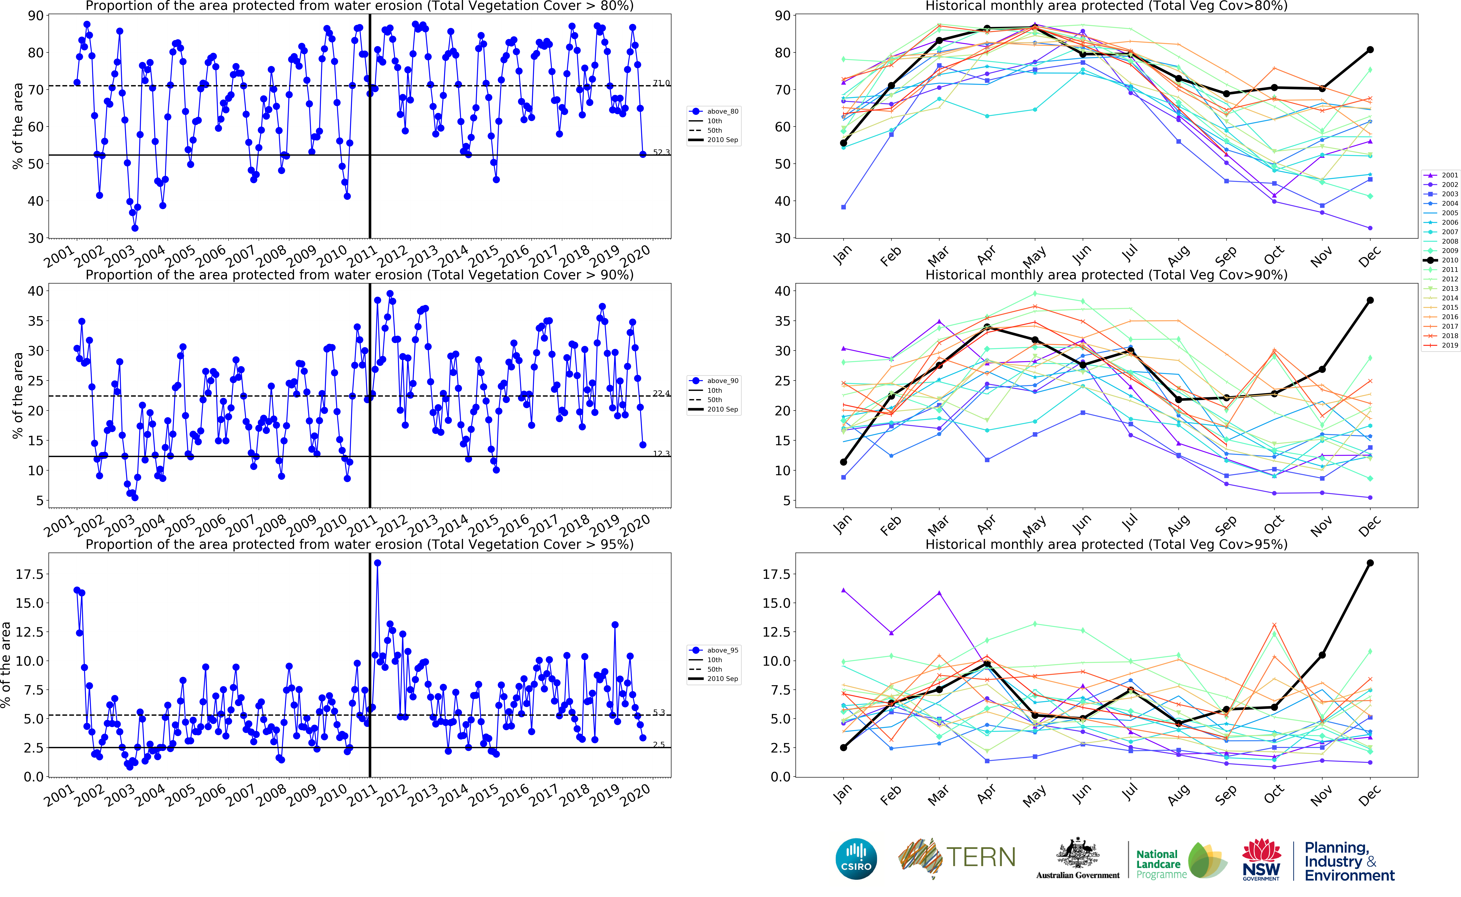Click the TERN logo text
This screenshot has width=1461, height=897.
tap(980, 857)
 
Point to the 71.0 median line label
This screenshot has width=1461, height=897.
tap(661, 83)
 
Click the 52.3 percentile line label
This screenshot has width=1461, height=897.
tap(661, 152)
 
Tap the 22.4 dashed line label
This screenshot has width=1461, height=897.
tap(661, 393)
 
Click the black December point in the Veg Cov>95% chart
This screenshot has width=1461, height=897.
tap(1370, 563)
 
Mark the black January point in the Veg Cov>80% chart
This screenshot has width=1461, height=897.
tap(843, 143)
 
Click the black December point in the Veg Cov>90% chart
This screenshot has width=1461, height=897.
tap(1370, 300)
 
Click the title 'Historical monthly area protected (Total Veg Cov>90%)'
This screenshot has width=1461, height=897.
tap(1106, 275)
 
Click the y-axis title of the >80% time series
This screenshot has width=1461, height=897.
tap(18, 126)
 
